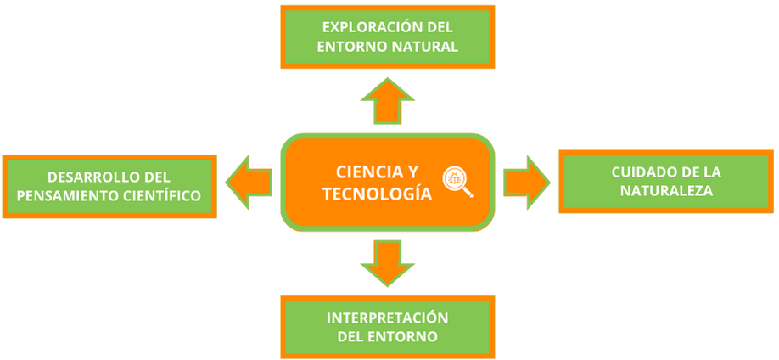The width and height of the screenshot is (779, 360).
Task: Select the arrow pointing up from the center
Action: pos(388,101)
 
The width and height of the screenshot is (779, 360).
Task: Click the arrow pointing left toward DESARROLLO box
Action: pos(248,181)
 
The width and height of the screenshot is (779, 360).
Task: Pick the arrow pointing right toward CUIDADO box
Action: pos(526,181)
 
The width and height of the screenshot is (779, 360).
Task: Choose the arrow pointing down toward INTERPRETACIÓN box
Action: pos(388,261)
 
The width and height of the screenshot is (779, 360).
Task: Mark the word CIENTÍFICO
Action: pos(159,197)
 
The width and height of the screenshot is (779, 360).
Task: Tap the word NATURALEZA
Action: pos(666,192)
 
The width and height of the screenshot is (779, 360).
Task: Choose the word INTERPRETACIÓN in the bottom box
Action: pos(388,317)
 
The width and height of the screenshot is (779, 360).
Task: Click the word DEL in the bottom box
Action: pos(351,337)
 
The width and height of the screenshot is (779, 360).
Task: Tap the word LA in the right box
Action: pos(711,172)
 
